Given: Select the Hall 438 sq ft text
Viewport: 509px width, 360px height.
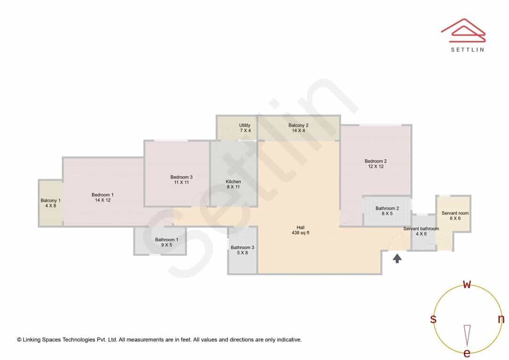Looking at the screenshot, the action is pos(301,230).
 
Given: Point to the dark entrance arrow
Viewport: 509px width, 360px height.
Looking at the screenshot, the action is pos(397,258).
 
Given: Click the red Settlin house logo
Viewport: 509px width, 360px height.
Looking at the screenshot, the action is pos(463,30).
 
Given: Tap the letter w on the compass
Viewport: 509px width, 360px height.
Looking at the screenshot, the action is pos(467,284).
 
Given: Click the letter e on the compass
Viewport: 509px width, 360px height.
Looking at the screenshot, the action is pos(467,353).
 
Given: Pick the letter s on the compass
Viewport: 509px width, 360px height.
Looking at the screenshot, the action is pos(433,319).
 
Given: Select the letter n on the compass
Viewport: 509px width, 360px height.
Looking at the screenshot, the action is pos(501,319).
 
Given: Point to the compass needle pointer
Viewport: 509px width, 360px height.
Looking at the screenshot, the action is pos(467,335).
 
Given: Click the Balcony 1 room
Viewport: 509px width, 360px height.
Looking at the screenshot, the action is pos(50,203).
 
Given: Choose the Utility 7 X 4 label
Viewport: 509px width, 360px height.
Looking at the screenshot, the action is pos(245,128).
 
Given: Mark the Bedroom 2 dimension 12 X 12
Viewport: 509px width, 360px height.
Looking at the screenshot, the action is pos(376,166).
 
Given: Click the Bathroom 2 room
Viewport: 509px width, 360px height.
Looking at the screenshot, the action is pos(387,211).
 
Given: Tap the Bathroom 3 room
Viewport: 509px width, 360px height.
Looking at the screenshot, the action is pos(243,250).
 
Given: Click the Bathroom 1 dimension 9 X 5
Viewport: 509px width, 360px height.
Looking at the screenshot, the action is pos(166,245).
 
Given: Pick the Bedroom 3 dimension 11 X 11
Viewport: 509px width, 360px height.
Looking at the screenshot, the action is pos(181,182).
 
